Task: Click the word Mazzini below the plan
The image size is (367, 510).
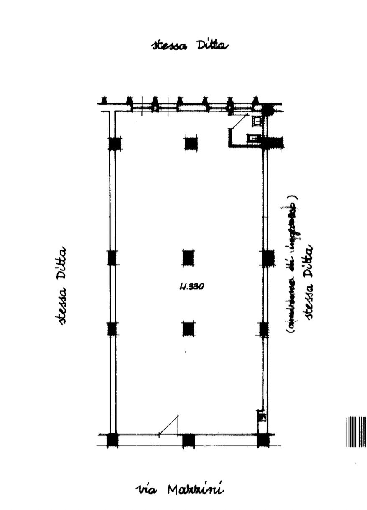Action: [195, 489]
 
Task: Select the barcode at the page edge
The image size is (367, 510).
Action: [356, 431]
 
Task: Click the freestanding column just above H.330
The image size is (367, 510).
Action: [188, 258]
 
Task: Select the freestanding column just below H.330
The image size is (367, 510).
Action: [189, 329]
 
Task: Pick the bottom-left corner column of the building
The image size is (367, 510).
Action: [112, 440]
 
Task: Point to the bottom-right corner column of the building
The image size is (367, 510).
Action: [263, 440]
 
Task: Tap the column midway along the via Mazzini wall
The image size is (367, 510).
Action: [189, 440]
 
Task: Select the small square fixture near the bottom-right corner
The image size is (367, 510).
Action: [263, 417]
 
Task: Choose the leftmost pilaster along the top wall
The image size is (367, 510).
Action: [104, 100]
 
